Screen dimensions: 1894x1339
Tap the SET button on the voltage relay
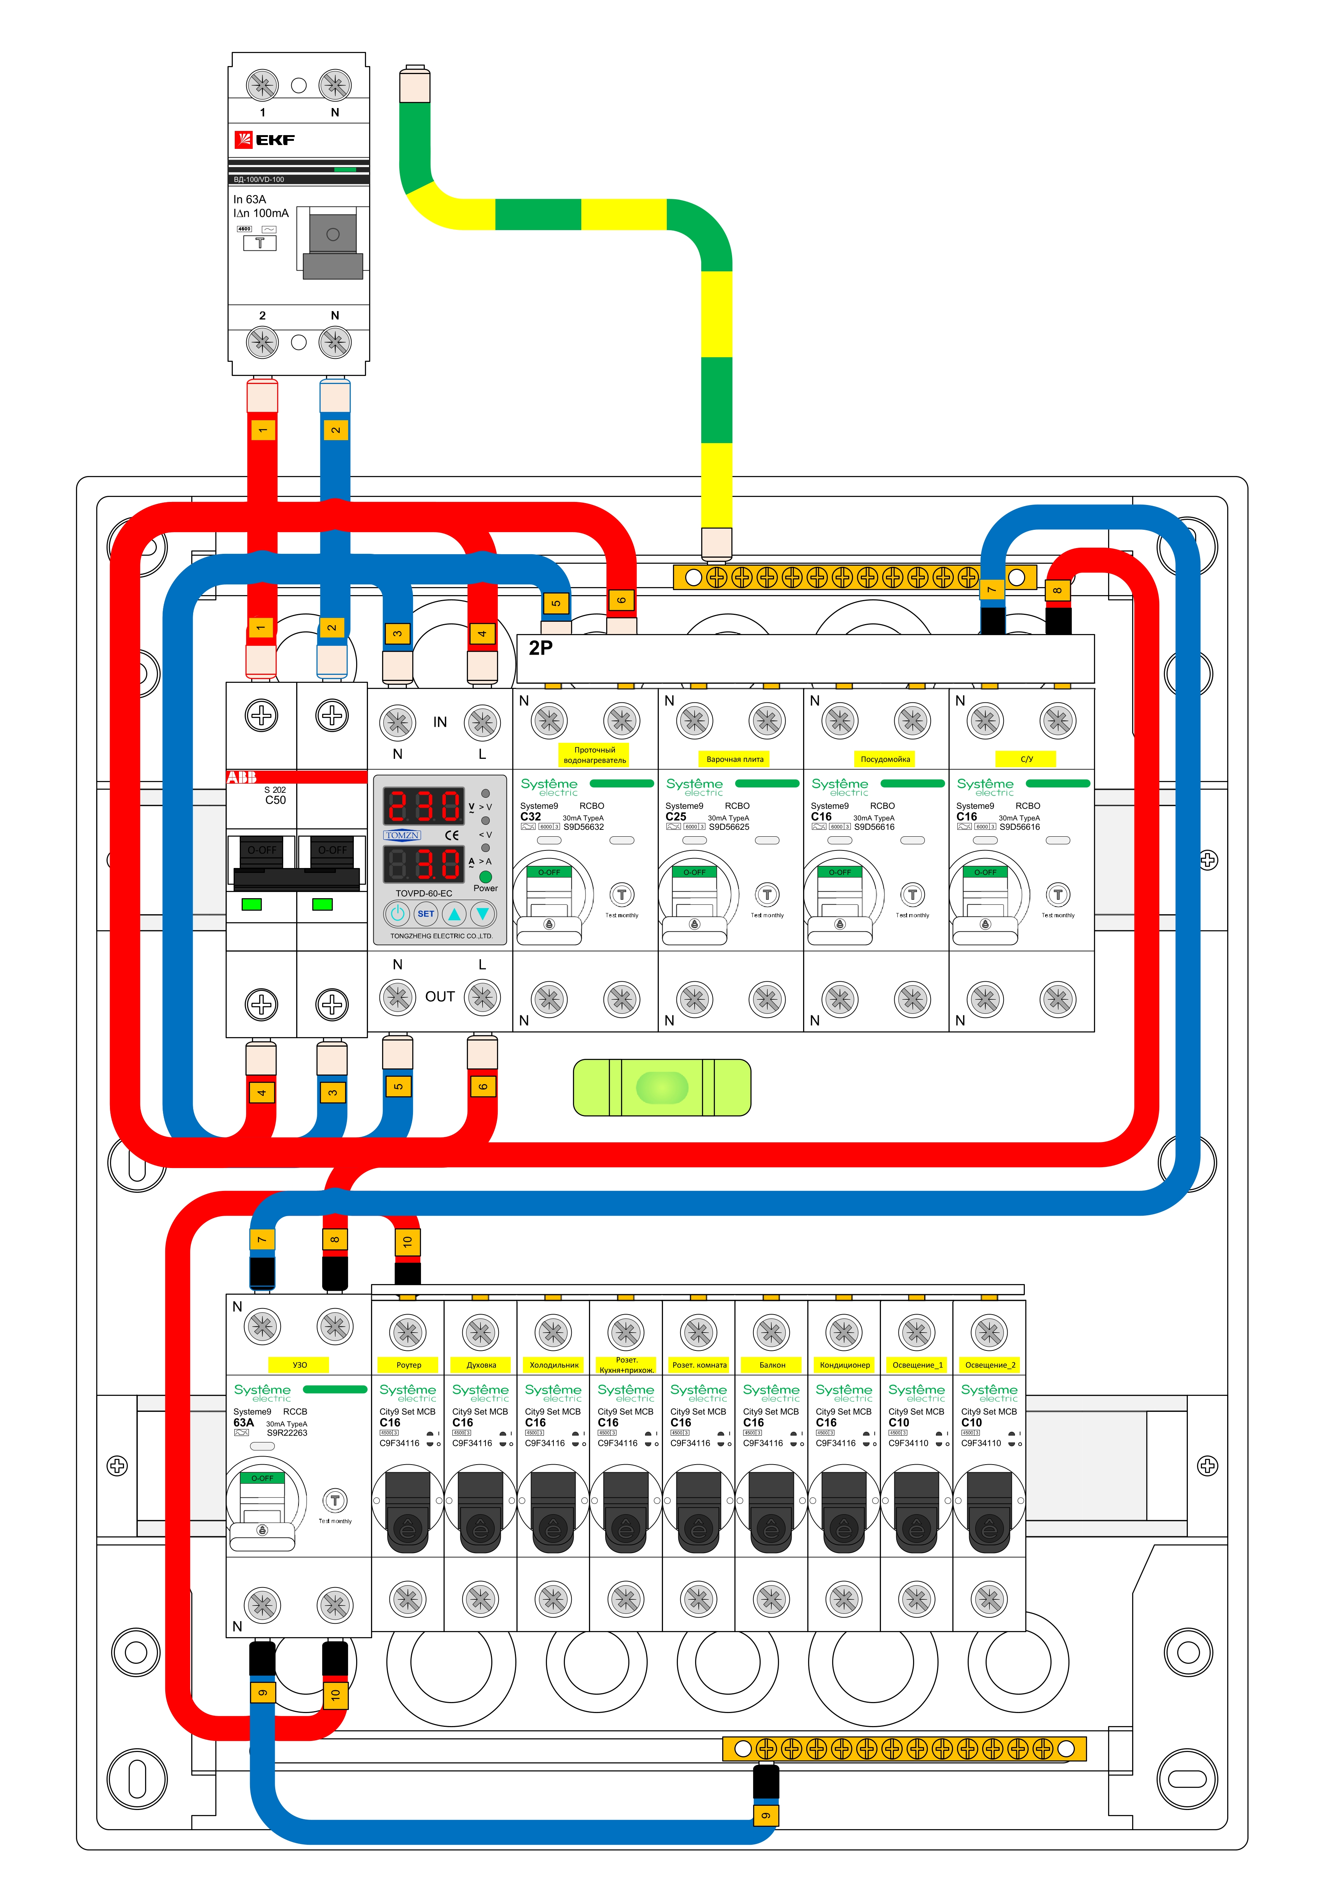tap(426, 913)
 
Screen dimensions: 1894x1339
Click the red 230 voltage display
tap(424, 806)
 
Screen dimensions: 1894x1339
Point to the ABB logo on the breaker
tap(242, 777)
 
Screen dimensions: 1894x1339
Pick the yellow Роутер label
tap(408, 1365)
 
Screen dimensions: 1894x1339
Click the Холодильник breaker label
tap(553, 1365)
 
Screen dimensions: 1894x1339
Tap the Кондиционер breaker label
tap(844, 1365)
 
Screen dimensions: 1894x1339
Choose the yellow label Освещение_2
tap(989, 1365)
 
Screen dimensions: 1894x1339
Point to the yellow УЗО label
tap(300, 1365)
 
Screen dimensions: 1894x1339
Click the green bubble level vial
tap(661, 1087)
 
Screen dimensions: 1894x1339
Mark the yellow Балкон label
tap(771, 1365)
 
